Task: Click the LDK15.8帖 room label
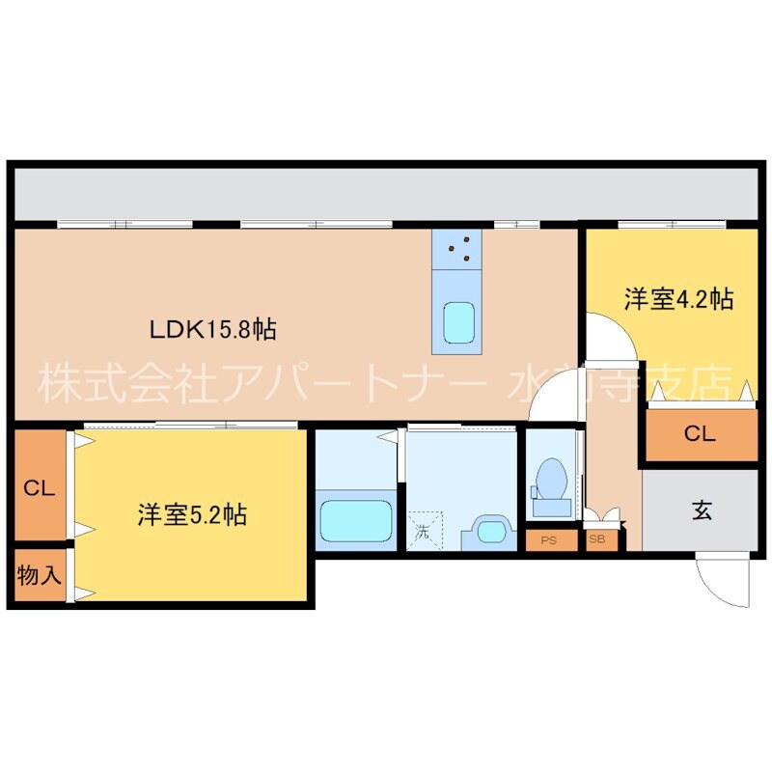(213, 329)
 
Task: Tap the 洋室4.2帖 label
(677, 300)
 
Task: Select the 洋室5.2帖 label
(190, 515)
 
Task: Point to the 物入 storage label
(40, 576)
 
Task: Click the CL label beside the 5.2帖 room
(39, 488)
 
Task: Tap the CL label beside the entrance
(701, 434)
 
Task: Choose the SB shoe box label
(597, 540)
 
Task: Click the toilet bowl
(551, 478)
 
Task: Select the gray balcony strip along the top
(386, 196)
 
